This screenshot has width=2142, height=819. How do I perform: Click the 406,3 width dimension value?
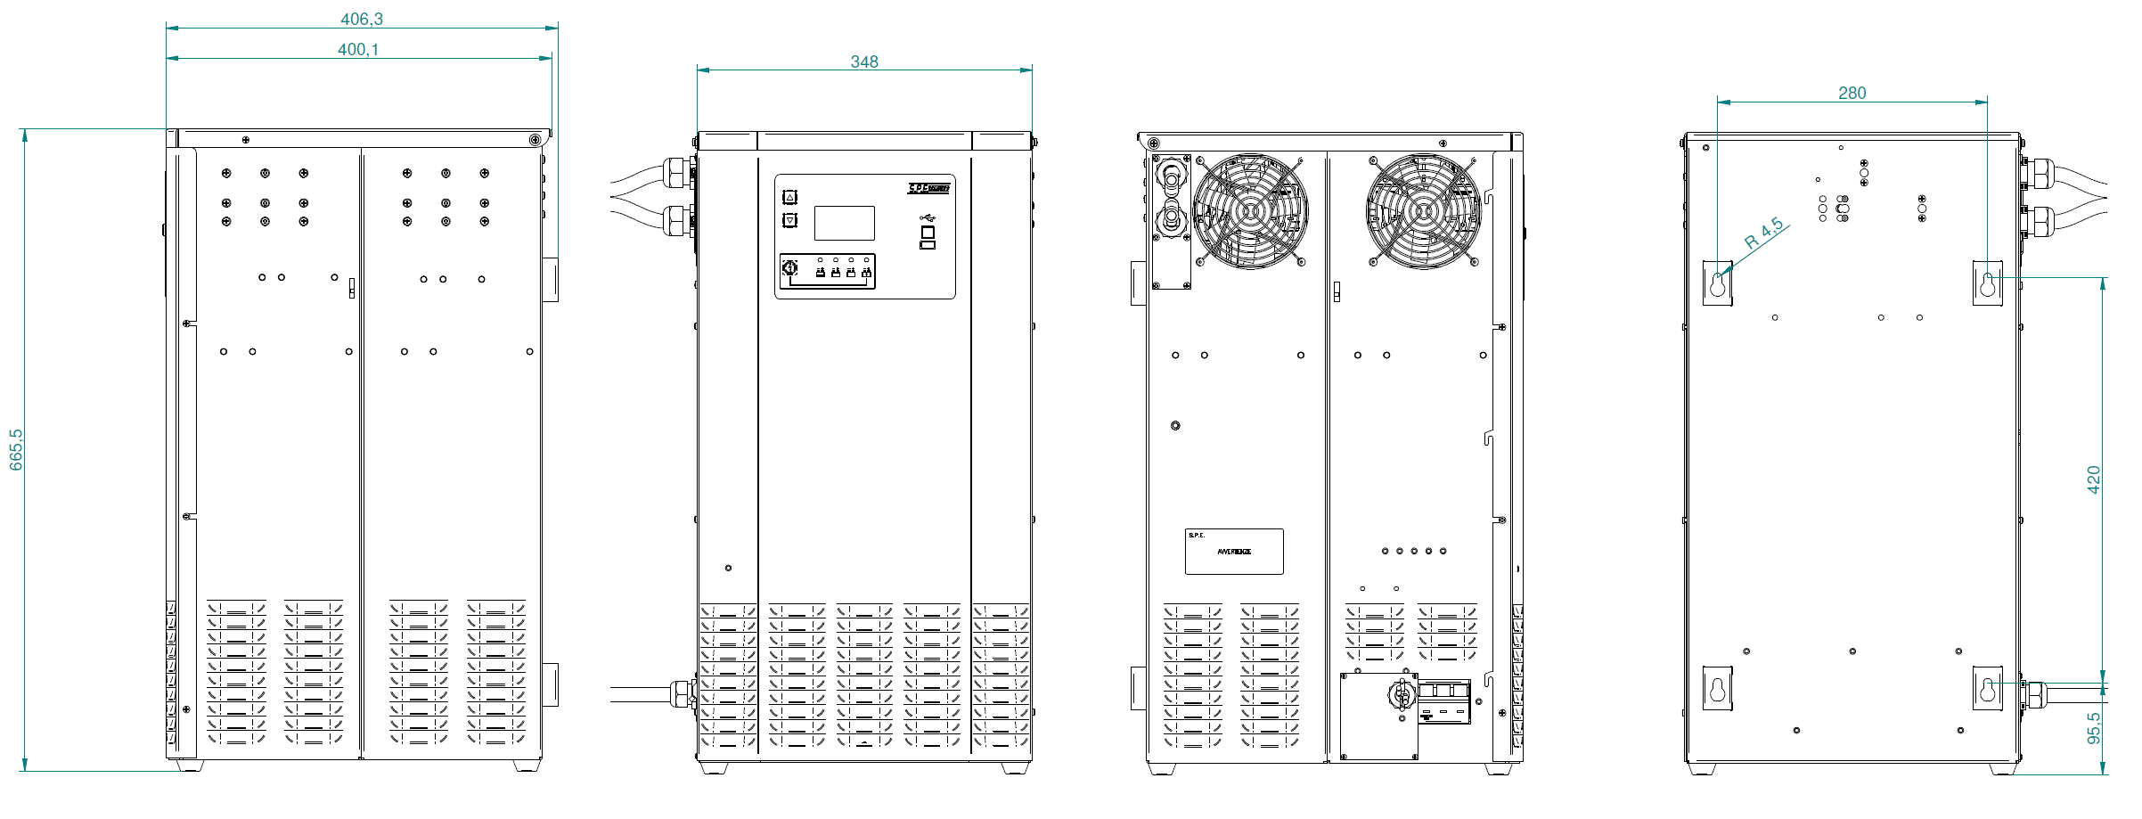[362, 19]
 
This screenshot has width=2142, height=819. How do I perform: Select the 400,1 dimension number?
[358, 50]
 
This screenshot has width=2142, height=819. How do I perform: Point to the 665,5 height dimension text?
[16, 449]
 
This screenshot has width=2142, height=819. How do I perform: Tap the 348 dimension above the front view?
[864, 61]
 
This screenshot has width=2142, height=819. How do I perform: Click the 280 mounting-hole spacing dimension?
[1852, 93]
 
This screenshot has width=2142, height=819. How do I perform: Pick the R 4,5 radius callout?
[1764, 233]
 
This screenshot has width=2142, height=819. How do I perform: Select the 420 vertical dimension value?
[2094, 479]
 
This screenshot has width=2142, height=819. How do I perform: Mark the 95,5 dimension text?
[2094, 727]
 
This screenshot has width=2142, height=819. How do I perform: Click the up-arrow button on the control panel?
[789, 197]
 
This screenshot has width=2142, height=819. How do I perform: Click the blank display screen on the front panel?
[844, 223]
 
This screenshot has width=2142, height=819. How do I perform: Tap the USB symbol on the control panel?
[928, 217]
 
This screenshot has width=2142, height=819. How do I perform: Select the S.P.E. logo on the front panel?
[928, 188]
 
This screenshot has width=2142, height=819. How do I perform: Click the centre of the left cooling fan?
[1250, 211]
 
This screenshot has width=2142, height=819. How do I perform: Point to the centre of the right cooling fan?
[1423, 211]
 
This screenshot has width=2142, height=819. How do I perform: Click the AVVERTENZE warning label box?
[1234, 552]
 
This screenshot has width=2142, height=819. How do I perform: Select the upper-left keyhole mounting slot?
[1718, 283]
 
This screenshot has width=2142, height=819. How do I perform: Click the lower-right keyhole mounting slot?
[1987, 688]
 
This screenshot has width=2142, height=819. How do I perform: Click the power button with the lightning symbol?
[789, 268]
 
